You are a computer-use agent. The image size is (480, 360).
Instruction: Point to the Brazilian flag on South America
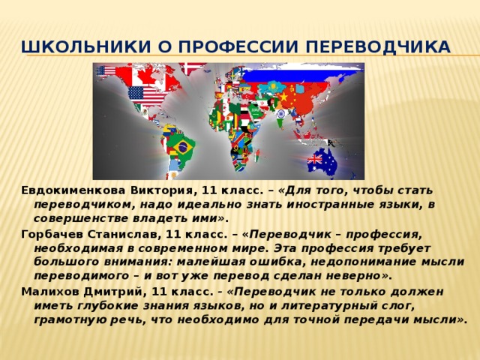(181, 147)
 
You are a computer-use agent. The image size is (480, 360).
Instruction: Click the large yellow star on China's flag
(283, 97)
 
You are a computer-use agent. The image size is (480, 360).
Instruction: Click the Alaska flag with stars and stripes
(106, 71)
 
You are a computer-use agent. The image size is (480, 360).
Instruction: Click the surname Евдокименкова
(73, 190)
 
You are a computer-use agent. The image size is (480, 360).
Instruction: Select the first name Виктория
(163, 190)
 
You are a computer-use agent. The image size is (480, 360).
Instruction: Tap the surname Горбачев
(52, 235)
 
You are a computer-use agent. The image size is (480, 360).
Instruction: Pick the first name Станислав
(124, 235)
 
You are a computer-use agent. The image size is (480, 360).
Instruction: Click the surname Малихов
(49, 292)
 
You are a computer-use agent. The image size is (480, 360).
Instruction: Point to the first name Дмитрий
(114, 292)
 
